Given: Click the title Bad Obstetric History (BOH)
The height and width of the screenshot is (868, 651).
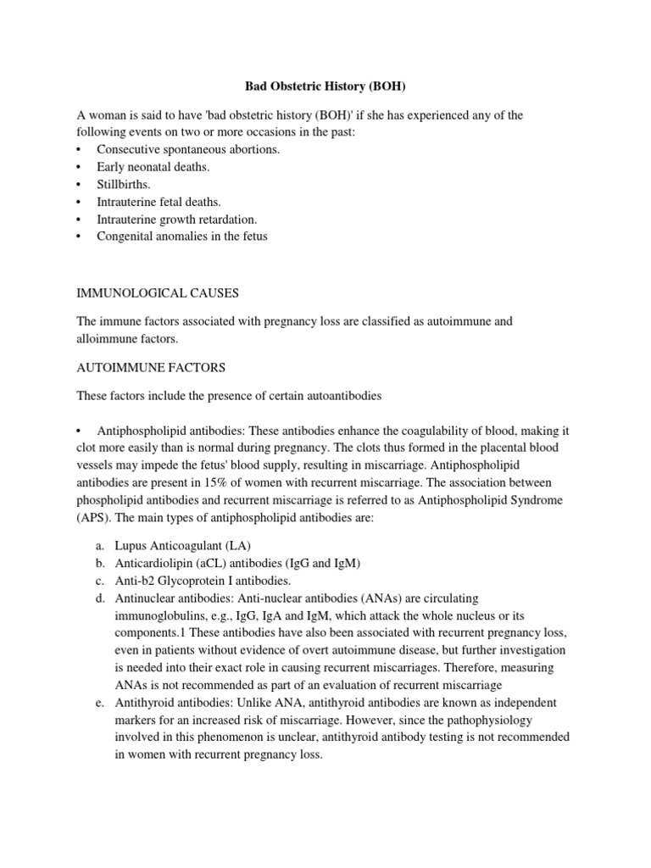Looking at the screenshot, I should point(325,86).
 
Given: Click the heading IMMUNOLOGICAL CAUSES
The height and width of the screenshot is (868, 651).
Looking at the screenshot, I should point(158,293).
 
